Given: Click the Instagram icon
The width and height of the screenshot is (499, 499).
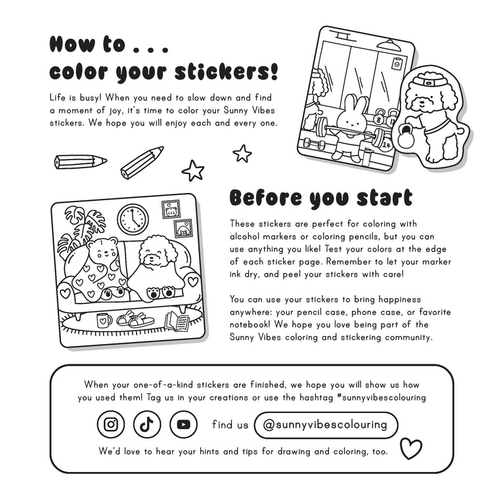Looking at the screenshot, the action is pyautogui.click(x=111, y=424).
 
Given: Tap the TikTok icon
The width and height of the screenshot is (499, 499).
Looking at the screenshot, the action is pyautogui.click(x=147, y=424).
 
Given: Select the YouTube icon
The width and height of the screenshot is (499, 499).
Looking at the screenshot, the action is pyautogui.click(x=183, y=424).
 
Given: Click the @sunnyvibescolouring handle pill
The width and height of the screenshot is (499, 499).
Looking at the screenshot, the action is pyautogui.click(x=326, y=425).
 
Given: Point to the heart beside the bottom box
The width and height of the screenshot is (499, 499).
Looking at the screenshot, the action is pyautogui.click(x=411, y=448).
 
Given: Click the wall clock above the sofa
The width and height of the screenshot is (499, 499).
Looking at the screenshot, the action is pyautogui.click(x=133, y=219).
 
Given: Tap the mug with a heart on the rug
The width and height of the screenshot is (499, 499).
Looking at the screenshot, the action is pyautogui.click(x=104, y=320).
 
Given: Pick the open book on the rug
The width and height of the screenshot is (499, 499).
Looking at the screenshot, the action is pyautogui.click(x=177, y=321).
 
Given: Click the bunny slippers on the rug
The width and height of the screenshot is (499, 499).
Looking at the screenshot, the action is pyautogui.click(x=135, y=319).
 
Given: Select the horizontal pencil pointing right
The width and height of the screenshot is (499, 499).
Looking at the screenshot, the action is pyautogui.click(x=80, y=162).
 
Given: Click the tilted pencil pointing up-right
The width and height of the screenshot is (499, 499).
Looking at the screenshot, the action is pyautogui.click(x=142, y=163).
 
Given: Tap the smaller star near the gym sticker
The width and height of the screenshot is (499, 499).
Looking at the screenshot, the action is pyautogui.click(x=242, y=154).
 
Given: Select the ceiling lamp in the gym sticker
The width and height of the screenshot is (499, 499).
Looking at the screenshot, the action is pyautogui.click(x=389, y=45).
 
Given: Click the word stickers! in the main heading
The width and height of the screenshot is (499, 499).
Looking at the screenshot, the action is pyautogui.click(x=227, y=72).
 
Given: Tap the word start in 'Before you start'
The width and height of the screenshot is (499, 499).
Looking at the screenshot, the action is pyautogui.click(x=385, y=198).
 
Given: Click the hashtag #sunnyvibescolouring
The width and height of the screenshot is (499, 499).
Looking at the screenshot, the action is pyautogui.click(x=381, y=397).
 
